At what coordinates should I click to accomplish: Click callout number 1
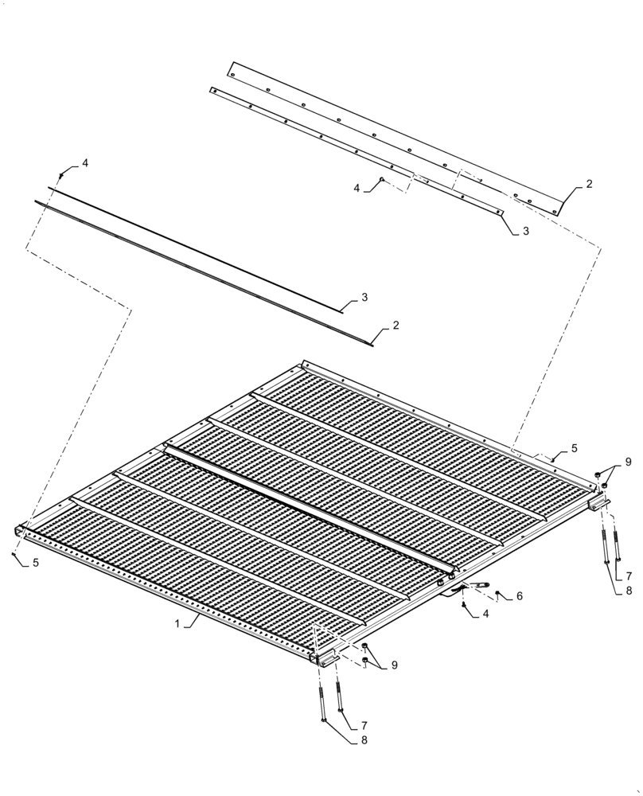[x=176, y=624]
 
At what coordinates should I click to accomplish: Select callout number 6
[x=519, y=595]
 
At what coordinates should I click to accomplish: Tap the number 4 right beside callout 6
[x=486, y=614]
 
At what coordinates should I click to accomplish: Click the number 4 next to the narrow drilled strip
[x=357, y=188]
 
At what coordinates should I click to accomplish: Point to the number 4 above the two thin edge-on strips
[x=85, y=163]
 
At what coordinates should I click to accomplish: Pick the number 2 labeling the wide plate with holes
[x=589, y=184]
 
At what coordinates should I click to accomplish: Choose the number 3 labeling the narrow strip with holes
[x=525, y=231]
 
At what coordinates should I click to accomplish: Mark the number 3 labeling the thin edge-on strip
[x=364, y=297]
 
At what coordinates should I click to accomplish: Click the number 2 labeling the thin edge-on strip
[x=396, y=326]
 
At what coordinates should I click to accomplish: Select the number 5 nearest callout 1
[x=35, y=563]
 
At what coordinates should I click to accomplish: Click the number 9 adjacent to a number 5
[x=627, y=462]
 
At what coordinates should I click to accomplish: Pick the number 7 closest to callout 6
[x=628, y=575]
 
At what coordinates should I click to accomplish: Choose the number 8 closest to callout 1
[x=365, y=739]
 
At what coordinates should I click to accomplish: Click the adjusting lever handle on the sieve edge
[x=479, y=587]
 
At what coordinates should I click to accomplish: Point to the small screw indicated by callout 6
[x=497, y=594]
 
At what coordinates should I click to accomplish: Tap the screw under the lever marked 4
[x=464, y=607]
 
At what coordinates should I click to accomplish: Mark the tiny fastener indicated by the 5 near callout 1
[x=14, y=552]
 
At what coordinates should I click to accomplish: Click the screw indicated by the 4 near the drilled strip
[x=382, y=180]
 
